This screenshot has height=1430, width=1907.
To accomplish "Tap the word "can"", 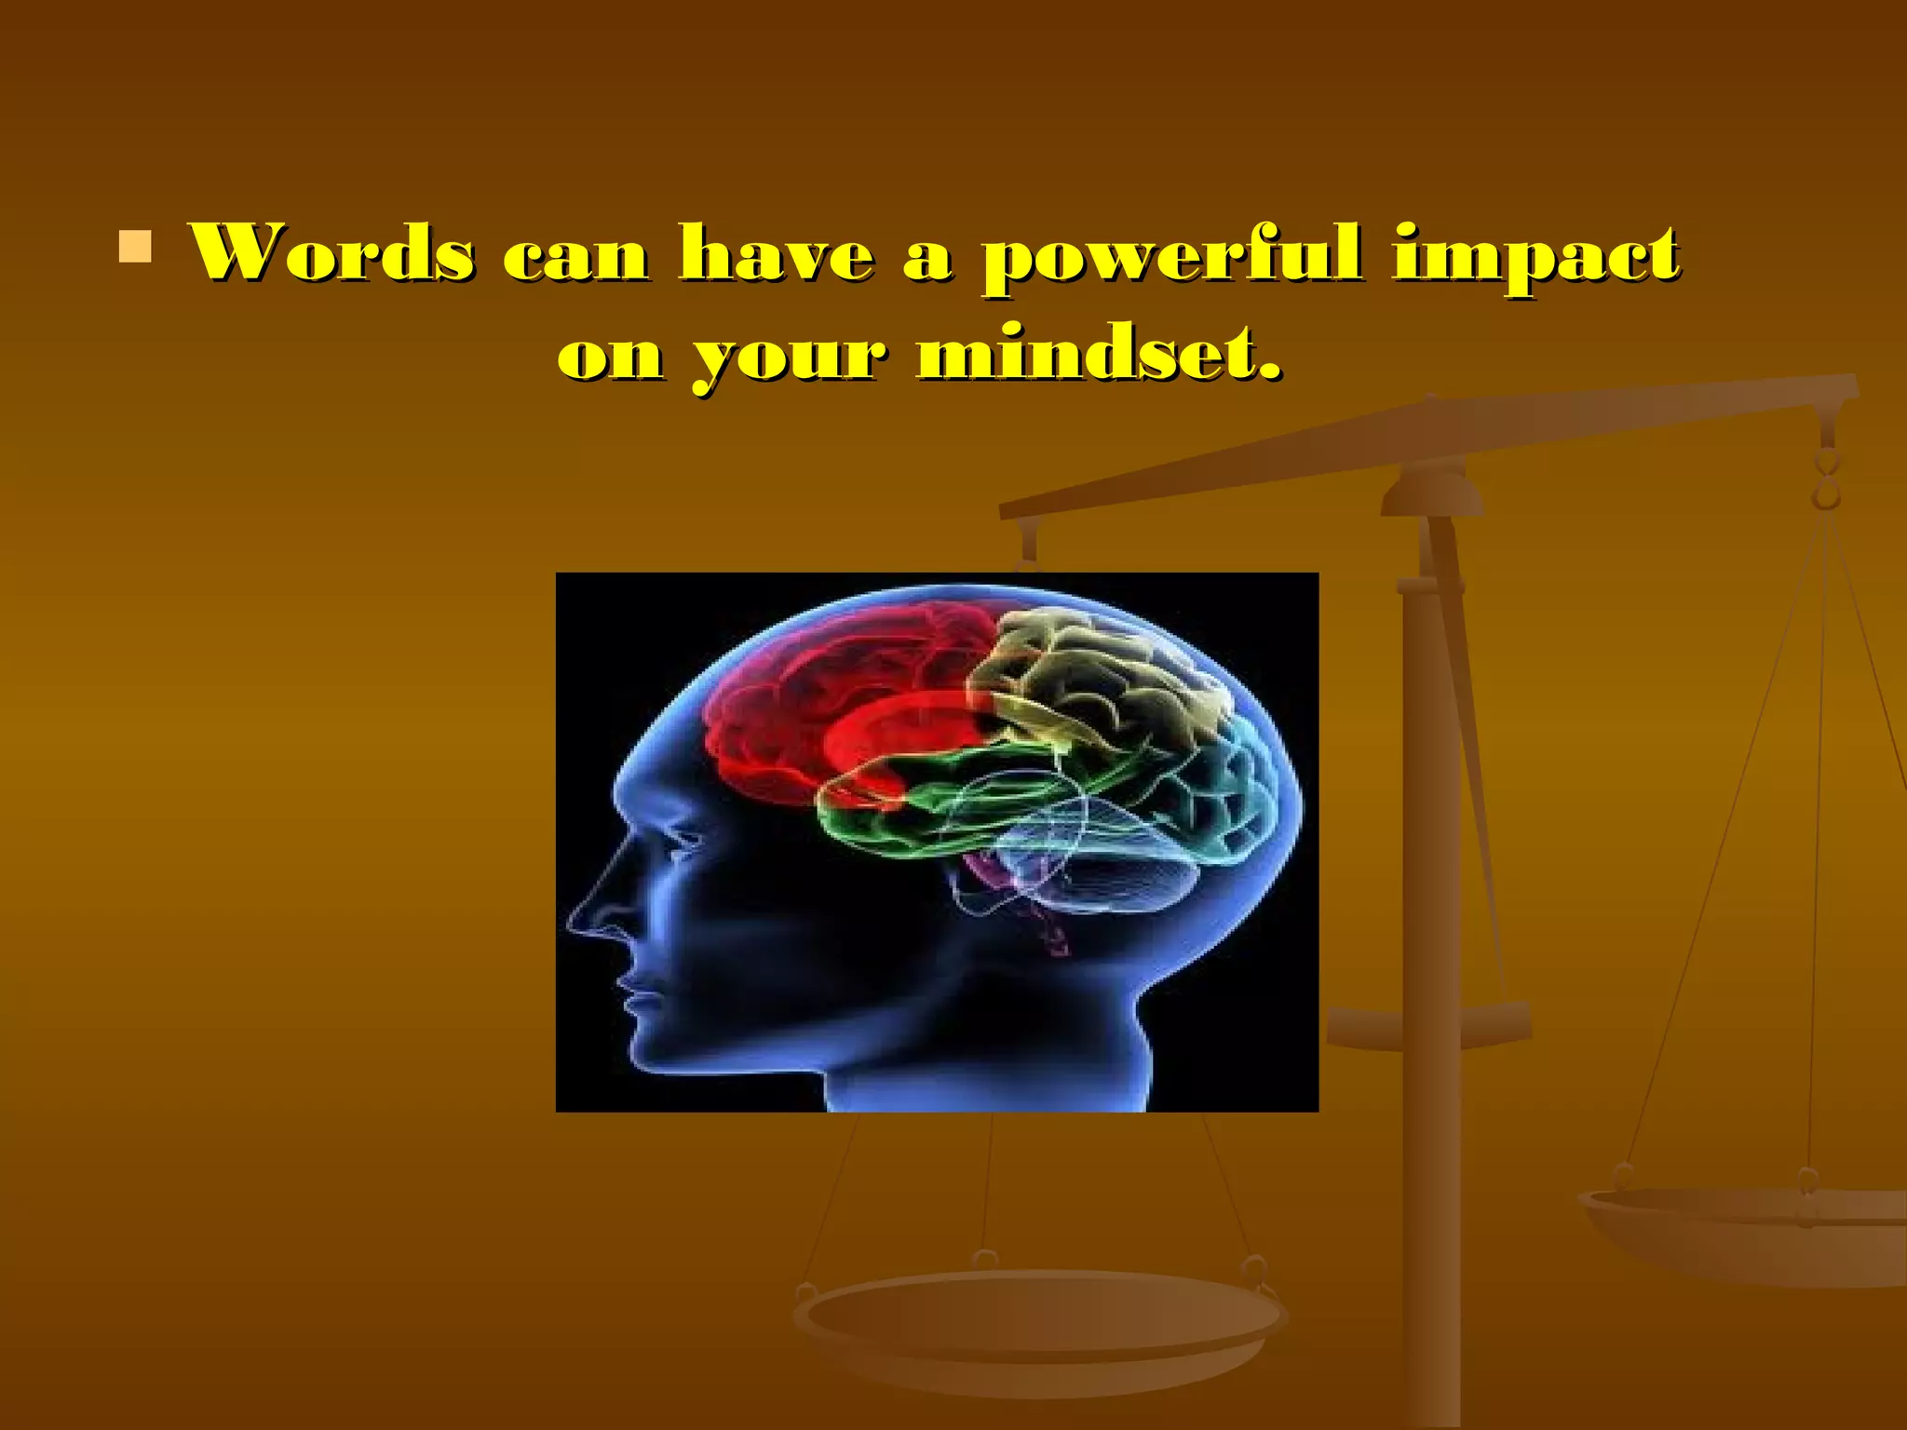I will [575, 256].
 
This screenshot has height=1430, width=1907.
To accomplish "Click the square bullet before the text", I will [135, 248].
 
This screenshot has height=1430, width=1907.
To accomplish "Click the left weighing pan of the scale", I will [1038, 1322].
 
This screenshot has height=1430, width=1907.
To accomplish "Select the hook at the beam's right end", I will [1827, 479].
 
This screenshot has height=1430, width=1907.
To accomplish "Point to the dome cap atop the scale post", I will [1431, 492].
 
